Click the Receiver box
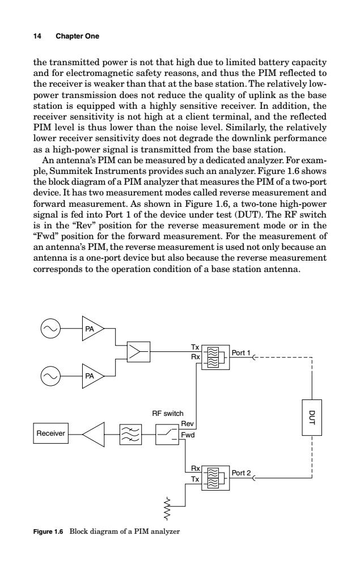[x=50, y=433]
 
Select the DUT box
[x=312, y=418]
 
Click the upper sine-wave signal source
[x=50, y=328]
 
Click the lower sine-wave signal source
[x=50, y=376]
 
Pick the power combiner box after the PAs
[x=138, y=351]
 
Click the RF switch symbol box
[x=167, y=434]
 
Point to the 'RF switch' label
[x=167, y=413]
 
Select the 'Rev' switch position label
[x=187, y=423]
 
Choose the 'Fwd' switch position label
[x=188, y=435]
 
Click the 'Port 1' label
[x=241, y=352]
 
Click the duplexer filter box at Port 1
[x=215, y=357]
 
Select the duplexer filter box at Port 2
[x=215, y=478]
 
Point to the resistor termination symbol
[x=167, y=509]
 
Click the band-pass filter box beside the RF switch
[x=131, y=434]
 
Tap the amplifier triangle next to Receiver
[x=94, y=434]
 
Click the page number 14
[x=37, y=36]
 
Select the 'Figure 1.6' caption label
[x=48, y=531]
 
